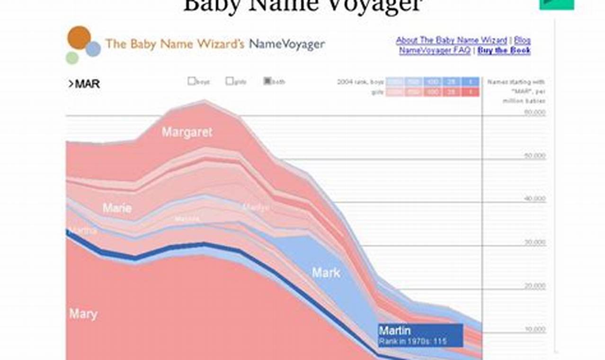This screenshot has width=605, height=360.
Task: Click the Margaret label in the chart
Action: point(187,132)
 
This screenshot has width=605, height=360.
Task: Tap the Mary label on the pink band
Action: point(83,314)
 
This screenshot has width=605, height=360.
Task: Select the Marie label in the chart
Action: point(117,207)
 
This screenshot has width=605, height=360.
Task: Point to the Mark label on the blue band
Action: point(326,272)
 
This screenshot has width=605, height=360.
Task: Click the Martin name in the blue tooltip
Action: point(394,330)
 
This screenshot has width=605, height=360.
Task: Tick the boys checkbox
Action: point(191,81)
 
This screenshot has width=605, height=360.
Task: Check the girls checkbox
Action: point(229,81)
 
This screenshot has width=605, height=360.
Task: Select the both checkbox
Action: point(267,81)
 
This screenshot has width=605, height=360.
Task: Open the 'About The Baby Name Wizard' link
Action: point(451,40)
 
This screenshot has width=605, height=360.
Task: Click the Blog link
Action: point(522,40)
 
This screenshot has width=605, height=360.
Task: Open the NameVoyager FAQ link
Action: point(435,51)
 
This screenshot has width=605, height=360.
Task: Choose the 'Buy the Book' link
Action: point(504,51)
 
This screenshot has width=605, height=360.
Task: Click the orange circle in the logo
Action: point(79,38)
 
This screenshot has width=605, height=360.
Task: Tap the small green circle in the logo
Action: point(72,58)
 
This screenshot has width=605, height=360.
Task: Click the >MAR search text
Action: point(84,84)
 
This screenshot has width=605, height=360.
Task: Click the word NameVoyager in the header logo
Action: point(287,44)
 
